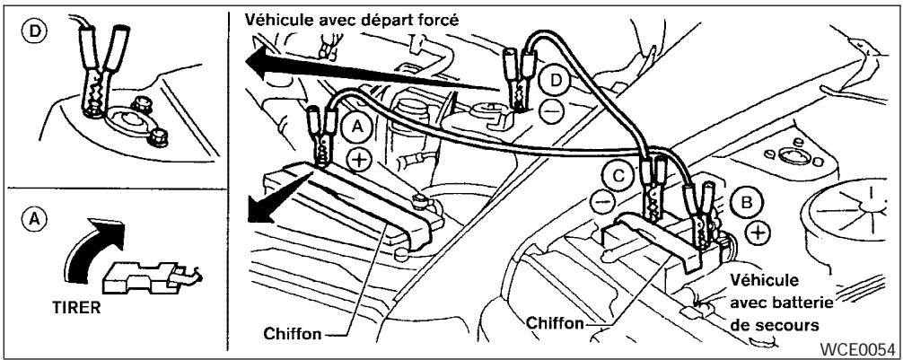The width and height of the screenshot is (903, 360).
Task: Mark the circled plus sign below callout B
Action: coord(758,233)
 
